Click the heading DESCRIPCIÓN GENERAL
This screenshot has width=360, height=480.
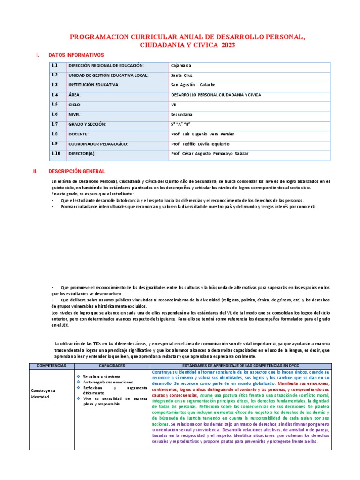(76, 172)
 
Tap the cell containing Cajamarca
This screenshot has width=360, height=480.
(181, 66)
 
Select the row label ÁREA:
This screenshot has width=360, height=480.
(75, 95)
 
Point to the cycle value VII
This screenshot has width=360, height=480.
(174, 105)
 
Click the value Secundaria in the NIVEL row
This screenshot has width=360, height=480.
(181, 114)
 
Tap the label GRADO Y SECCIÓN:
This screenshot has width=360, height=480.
(87, 124)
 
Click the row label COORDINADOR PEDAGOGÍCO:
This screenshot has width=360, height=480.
(97, 144)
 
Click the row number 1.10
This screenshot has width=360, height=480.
(56, 154)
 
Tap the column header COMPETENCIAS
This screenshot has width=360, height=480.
(52, 365)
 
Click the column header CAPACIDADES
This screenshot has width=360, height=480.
(112, 365)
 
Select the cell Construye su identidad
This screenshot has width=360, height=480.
(43, 393)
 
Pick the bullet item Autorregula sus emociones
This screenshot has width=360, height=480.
(108, 382)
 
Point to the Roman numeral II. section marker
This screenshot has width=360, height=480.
(35, 172)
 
